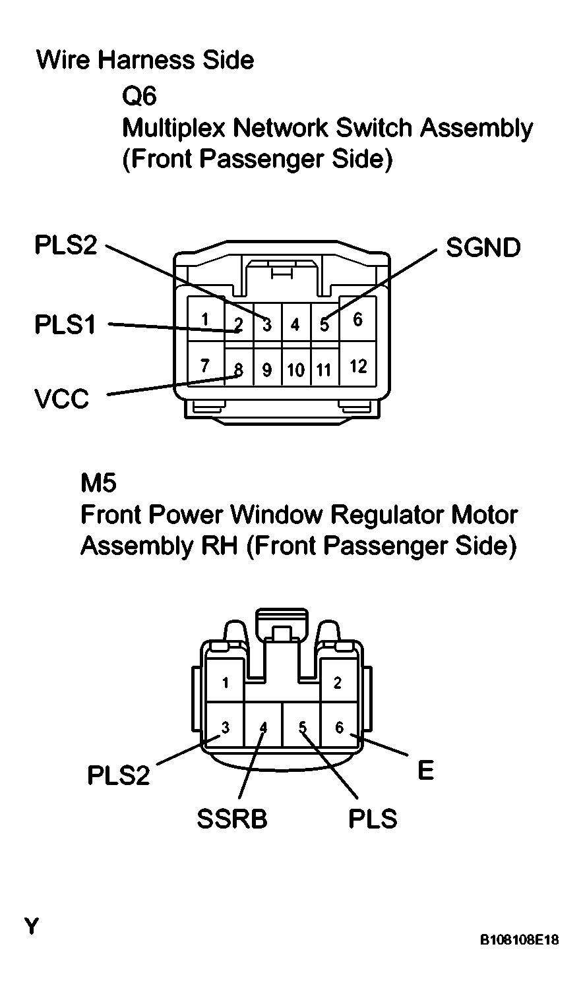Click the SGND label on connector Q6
(483, 248)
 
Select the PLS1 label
(65, 325)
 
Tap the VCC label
(61, 399)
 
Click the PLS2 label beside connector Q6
(65, 246)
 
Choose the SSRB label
(231, 819)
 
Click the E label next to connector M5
(426, 770)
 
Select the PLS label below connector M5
(373, 819)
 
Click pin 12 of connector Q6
(357, 366)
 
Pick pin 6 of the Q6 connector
(357, 320)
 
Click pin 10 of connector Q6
(295, 370)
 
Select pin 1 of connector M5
(226, 683)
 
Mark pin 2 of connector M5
(338, 683)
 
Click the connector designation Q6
(139, 97)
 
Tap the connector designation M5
(98, 484)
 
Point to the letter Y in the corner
(31, 926)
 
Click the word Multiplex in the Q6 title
(174, 128)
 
